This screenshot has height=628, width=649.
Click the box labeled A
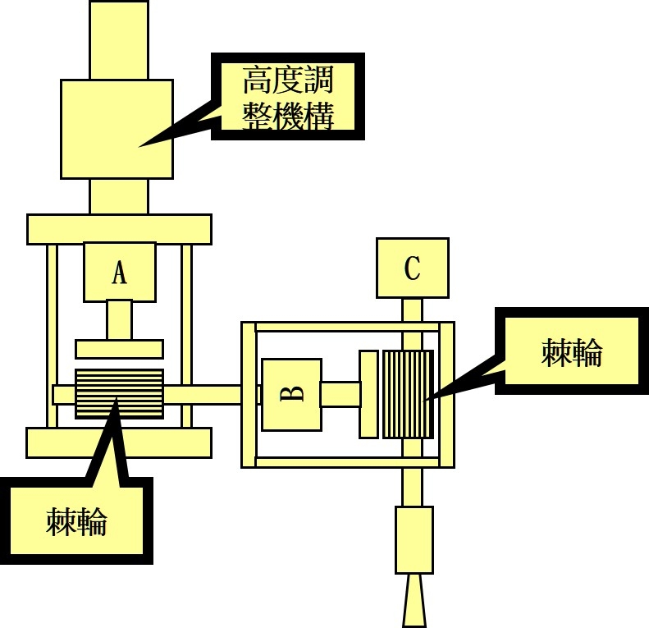point(119,272)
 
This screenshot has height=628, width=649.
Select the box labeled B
point(291,394)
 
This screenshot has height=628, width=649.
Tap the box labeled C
point(412,268)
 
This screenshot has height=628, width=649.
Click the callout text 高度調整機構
point(288,97)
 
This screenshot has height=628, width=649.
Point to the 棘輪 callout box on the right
point(572,352)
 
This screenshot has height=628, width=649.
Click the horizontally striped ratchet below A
point(119,393)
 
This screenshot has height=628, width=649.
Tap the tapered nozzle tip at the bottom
point(414,603)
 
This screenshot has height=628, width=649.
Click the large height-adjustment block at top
point(117,129)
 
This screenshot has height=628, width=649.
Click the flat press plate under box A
point(119,349)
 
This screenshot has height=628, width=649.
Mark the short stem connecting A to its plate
point(119,319)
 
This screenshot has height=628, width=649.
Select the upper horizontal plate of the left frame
point(119,229)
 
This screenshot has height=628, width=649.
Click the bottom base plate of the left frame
point(119,442)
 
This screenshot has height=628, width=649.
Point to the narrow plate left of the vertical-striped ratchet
point(368,394)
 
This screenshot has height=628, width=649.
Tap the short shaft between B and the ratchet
point(340,394)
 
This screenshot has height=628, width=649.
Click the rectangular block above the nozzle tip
point(414,539)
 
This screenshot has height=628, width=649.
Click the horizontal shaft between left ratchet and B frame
point(202,394)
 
